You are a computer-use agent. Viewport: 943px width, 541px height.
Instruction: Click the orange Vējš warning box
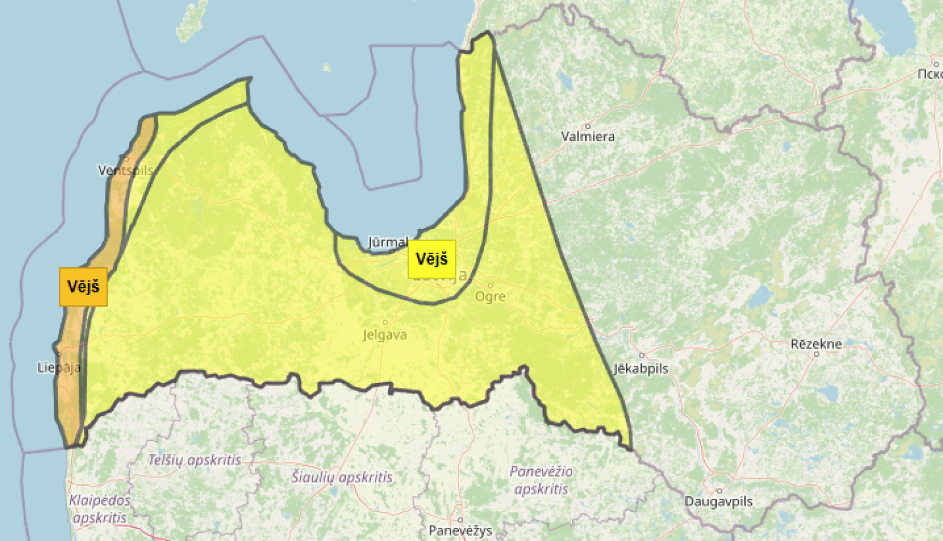click(x=84, y=287)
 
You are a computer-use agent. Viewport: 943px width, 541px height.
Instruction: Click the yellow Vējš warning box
click(x=432, y=259)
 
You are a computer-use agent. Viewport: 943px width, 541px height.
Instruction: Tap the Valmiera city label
click(x=588, y=137)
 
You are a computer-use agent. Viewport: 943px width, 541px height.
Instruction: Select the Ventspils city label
click(x=125, y=170)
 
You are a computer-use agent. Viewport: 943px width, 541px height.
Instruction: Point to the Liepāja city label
click(x=58, y=367)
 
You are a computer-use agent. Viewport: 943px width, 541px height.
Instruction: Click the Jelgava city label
click(x=385, y=335)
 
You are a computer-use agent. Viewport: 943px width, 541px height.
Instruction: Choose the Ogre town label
click(x=490, y=296)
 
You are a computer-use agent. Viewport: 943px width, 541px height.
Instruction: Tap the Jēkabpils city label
click(x=641, y=369)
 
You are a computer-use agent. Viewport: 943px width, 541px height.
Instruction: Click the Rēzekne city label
click(x=816, y=343)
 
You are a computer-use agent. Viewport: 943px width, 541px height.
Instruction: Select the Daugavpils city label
click(x=719, y=501)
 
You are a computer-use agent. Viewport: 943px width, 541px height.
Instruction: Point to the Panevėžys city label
click(x=460, y=530)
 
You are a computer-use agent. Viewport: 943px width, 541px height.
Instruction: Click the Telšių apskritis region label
click(x=194, y=460)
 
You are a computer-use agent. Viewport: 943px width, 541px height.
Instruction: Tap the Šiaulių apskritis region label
click(x=342, y=477)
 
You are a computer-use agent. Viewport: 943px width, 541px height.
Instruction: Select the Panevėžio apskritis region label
click(x=541, y=479)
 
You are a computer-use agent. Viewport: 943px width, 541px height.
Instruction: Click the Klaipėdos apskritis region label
click(x=99, y=509)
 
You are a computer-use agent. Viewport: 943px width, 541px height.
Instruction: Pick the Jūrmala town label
click(x=388, y=242)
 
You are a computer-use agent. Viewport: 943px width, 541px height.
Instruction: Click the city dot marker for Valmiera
click(x=588, y=126)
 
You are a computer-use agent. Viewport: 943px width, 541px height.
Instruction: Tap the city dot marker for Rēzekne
click(x=817, y=354)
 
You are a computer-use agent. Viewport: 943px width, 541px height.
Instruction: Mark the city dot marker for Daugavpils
click(x=719, y=491)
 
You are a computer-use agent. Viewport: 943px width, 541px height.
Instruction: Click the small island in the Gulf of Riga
click(x=327, y=67)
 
